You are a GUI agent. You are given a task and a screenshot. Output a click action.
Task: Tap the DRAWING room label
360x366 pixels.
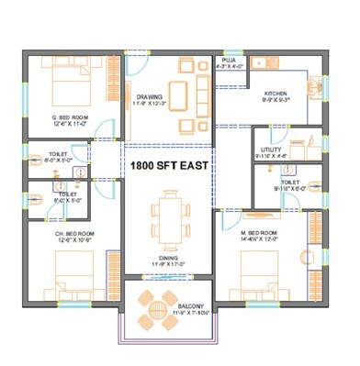149,96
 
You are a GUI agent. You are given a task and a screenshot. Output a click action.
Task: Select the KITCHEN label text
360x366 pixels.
278,94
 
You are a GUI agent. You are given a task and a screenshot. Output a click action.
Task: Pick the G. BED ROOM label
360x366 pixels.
69,117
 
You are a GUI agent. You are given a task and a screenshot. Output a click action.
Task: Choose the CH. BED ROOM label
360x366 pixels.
73,234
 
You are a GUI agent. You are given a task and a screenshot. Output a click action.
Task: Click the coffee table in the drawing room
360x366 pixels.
181,94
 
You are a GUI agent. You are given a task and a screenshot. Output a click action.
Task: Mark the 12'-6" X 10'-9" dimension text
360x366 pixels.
73,242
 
